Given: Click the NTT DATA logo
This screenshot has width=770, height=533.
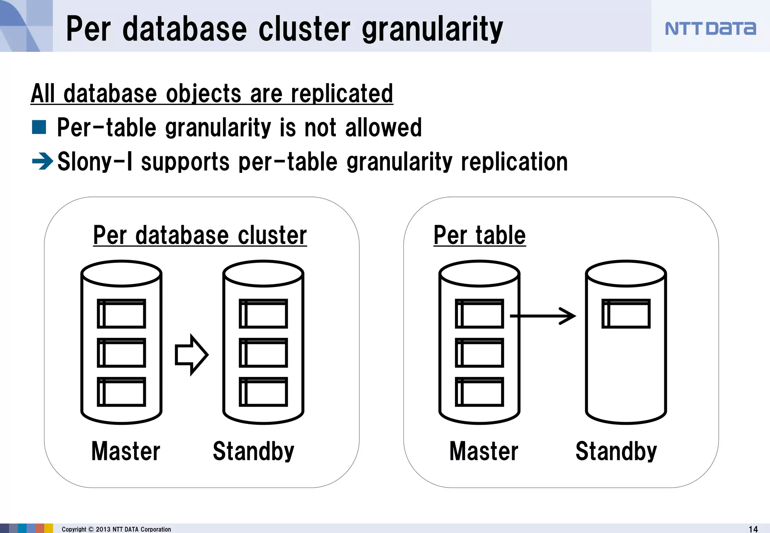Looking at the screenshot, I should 710,29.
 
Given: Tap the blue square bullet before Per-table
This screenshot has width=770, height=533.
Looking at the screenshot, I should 39,127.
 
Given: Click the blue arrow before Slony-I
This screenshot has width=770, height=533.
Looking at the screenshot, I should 42,162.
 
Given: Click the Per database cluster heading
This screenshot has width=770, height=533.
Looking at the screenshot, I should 200,235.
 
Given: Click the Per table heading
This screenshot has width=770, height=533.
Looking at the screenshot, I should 479,235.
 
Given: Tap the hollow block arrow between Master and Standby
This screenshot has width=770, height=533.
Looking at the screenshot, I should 191,354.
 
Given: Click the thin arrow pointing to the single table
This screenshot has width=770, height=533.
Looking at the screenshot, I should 543,316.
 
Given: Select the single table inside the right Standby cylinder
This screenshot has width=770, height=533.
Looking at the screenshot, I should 626,313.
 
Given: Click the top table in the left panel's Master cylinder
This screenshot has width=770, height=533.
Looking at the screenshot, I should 121,313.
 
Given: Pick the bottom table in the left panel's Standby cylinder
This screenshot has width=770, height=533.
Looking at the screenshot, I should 263,392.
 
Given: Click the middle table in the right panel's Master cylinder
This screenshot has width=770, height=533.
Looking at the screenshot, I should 479,353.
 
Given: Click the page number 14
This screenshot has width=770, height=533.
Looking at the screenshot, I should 753,529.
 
